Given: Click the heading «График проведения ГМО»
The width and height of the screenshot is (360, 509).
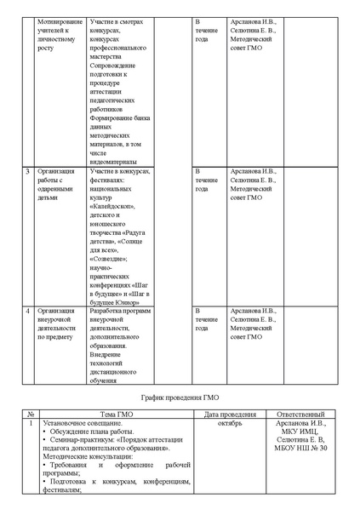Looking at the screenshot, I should point(180,397).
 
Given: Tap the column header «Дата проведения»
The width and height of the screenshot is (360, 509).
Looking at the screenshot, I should point(224,414).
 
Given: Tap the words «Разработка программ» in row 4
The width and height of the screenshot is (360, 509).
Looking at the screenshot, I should point(119,312).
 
